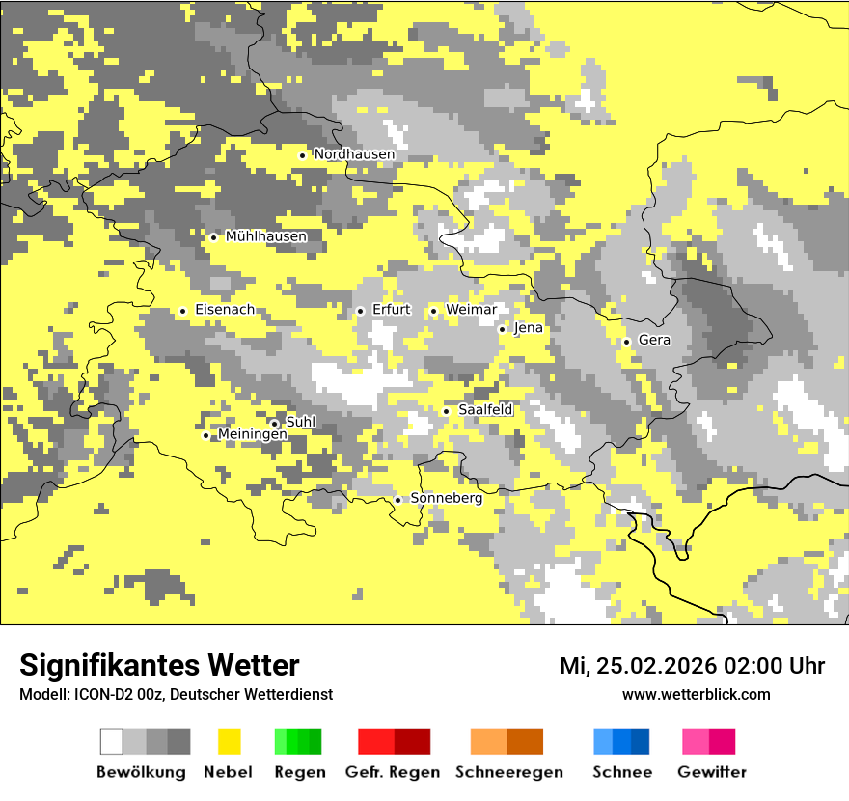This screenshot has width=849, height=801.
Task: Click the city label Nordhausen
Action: point(354,154)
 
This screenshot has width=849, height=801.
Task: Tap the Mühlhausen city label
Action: point(265,236)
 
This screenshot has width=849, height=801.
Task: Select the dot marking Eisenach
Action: point(182,311)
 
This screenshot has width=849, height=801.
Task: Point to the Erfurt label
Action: point(391,310)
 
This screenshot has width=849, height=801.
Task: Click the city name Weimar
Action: point(471,310)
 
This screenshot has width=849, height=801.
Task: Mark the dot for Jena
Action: point(502,329)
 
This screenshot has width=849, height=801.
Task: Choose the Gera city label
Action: point(654,341)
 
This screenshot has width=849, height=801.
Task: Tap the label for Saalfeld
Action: point(485,410)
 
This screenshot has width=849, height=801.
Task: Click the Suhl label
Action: point(301,422)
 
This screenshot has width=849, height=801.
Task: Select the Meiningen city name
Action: point(252,435)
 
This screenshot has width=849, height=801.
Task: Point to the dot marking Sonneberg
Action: point(397,500)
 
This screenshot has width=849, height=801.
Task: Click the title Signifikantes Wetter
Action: point(159,665)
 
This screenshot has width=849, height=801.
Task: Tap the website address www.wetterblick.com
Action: point(696,694)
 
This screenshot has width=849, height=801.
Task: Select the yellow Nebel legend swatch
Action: point(229,741)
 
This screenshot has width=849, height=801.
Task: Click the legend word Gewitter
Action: point(712,772)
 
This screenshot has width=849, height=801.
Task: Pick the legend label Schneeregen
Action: point(509,772)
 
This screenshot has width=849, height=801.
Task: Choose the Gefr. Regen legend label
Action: point(393,772)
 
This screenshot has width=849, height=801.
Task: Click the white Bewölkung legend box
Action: point(112,741)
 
